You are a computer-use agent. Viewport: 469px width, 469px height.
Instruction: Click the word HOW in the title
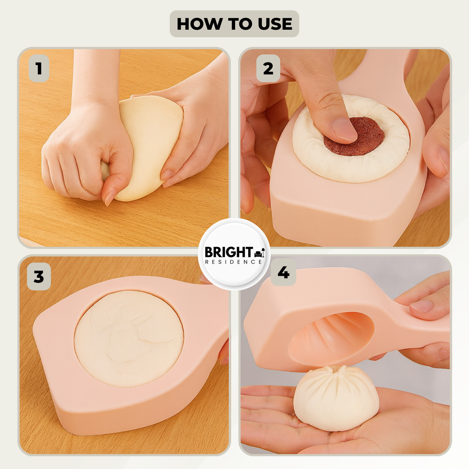click(x=199, y=24)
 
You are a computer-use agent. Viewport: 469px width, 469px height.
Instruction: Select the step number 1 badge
click(x=39, y=68)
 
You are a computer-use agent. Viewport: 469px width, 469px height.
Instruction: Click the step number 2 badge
click(x=268, y=68)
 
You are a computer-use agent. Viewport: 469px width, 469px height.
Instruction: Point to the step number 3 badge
click(x=39, y=277)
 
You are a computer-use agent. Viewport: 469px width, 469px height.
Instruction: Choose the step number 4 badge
click(x=283, y=272)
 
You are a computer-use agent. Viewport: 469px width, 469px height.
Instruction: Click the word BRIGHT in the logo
click(x=229, y=252)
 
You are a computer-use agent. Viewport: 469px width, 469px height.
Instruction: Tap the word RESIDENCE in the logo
click(x=234, y=262)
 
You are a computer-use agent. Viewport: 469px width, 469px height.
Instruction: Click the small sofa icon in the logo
click(x=260, y=253)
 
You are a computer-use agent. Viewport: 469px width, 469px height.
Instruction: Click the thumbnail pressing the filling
click(x=344, y=129)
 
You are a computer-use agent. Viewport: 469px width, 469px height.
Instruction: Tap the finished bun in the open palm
click(x=336, y=400)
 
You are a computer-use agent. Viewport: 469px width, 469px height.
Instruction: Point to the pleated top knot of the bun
click(x=337, y=371)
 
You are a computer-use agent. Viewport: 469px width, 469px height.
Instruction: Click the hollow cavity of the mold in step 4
click(x=331, y=338)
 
